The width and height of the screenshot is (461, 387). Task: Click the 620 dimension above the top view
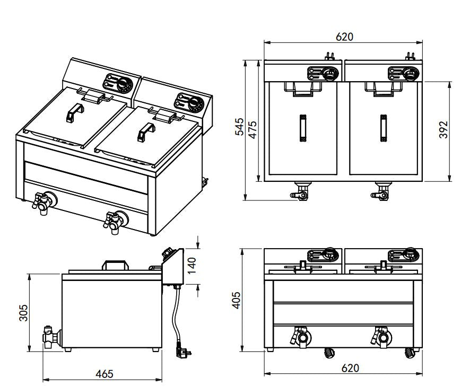click(344, 37)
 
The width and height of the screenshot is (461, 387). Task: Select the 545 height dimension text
click(240, 128)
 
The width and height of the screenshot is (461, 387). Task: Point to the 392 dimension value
click(445, 129)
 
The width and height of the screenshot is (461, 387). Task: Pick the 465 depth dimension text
click(104, 374)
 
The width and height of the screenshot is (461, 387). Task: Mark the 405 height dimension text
click(237, 300)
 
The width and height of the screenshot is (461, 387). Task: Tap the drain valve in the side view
click(50, 336)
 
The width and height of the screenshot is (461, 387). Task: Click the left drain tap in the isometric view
click(42, 202)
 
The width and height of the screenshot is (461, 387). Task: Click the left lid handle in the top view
click(303, 128)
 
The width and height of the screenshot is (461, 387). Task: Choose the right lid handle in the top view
click(382, 128)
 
